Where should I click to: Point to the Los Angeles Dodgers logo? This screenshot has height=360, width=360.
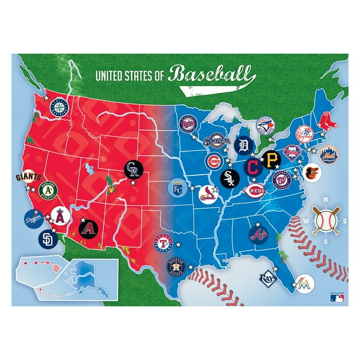click(x=34, y=219)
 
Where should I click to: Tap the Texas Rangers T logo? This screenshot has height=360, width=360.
click(x=164, y=242)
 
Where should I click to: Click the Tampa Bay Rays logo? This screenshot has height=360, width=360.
click(x=268, y=276)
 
